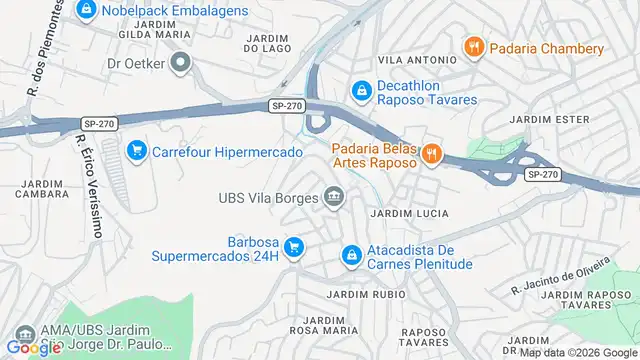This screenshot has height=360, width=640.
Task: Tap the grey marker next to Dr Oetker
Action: (x=181, y=64)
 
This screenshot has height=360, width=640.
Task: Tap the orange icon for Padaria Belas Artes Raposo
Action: (x=431, y=153)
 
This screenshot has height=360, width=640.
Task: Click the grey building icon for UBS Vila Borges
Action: (x=334, y=196)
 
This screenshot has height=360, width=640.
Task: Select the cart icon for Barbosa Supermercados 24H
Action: (x=293, y=246)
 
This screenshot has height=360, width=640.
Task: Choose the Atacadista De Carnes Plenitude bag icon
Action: (x=350, y=256)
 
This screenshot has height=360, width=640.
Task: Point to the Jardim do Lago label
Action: (x=267, y=43)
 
